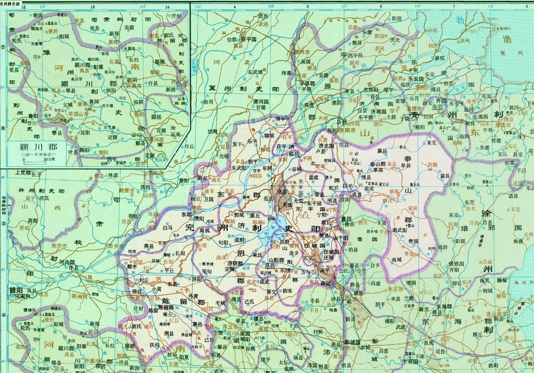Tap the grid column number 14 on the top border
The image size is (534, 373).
pos(167,7)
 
